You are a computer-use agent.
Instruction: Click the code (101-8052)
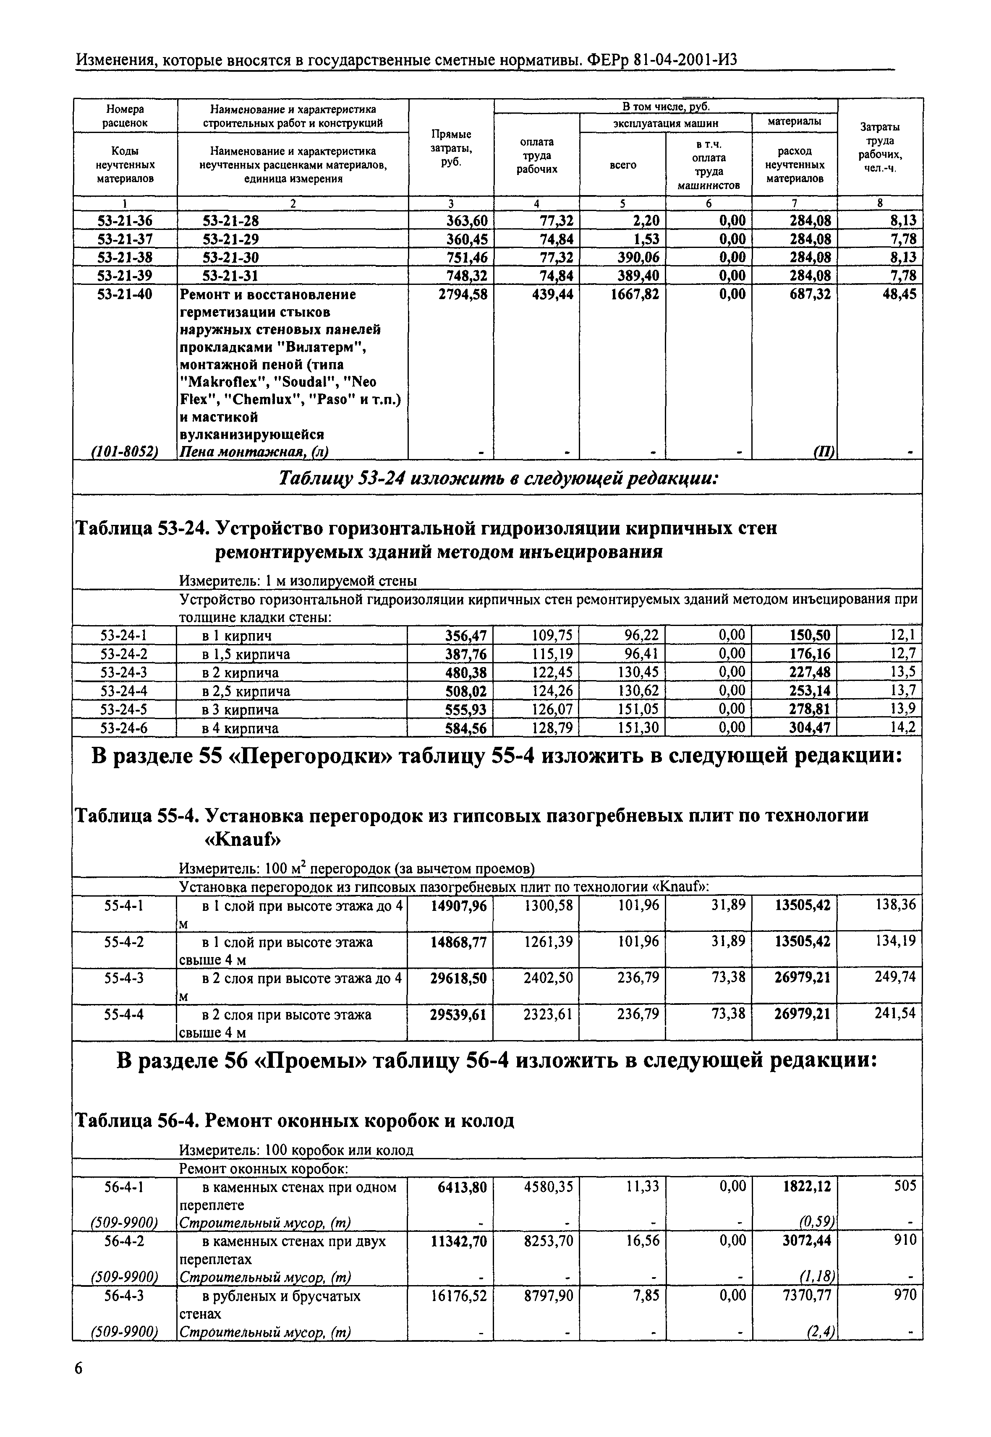[x=125, y=452]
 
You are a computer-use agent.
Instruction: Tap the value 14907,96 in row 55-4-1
[x=459, y=906]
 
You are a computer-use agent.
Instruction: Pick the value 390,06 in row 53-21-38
[x=637, y=258]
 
